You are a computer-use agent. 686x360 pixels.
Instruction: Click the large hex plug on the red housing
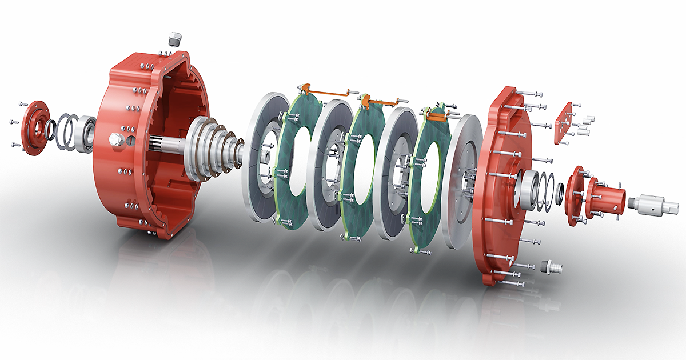coord(114,138)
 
